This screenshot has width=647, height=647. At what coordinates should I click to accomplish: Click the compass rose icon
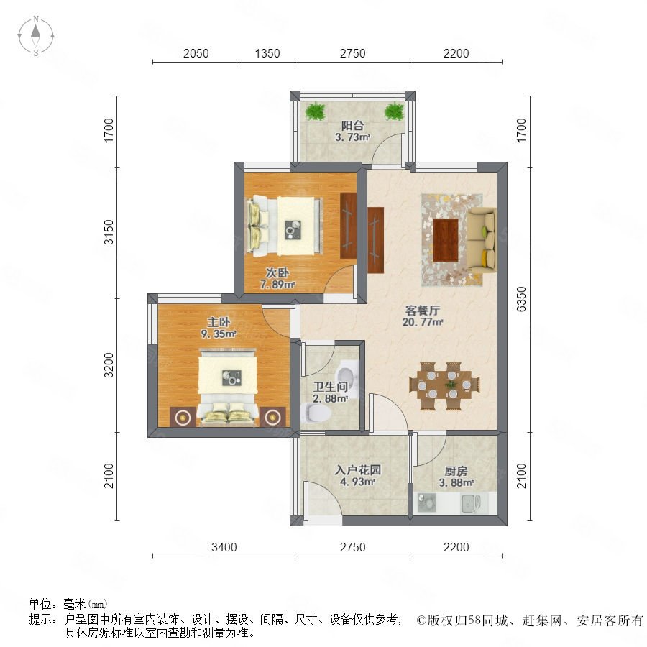(x=36, y=36)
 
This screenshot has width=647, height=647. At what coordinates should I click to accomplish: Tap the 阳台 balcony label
(x=352, y=125)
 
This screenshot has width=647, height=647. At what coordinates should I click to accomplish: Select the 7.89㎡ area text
(x=277, y=284)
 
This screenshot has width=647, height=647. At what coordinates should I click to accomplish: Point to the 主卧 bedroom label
(x=219, y=322)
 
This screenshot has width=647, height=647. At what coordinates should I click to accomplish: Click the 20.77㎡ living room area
(x=423, y=322)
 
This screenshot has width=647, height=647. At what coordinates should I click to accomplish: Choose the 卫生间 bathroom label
(x=330, y=387)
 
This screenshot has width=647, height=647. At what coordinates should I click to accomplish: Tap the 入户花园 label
(x=358, y=470)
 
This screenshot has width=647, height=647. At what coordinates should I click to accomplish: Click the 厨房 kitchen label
(x=456, y=471)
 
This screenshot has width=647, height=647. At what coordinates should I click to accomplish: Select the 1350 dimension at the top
(x=267, y=53)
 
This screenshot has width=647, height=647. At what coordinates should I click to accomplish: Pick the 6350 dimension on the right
(x=522, y=299)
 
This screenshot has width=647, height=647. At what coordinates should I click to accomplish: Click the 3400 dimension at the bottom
(x=224, y=547)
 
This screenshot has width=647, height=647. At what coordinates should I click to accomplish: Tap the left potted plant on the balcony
(x=316, y=111)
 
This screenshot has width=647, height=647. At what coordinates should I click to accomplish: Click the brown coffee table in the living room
(x=446, y=239)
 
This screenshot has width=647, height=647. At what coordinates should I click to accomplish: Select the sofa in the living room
(x=482, y=239)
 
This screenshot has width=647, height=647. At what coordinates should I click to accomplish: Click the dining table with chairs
(x=444, y=386)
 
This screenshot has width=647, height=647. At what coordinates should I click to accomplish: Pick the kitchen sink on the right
(x=471, y=503)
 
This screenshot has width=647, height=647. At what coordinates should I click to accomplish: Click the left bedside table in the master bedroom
(x=182, y=417)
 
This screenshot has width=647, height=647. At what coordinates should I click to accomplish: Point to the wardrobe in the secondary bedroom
(x=348, y=225)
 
